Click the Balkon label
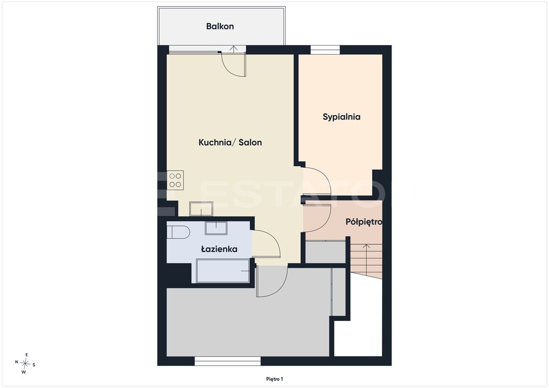220,26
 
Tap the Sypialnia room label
342,117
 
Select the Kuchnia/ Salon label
230,143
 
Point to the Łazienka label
219,249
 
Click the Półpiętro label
364,222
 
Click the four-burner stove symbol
175,180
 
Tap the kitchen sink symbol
202,209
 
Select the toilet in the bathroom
178,232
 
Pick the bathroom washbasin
216,228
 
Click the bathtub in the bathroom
223,271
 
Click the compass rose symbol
25,364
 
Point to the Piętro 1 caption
274,379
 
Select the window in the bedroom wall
325,50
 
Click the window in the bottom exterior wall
227,361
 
